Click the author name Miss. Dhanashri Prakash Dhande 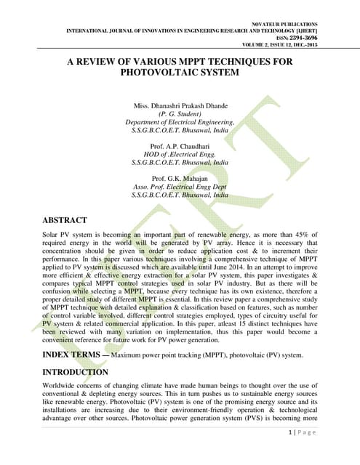coord(180,107)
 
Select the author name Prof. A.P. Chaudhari coord(180,147)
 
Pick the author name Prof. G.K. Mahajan coord(180,179)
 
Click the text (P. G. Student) coord(180,115)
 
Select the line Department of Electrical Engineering coord(180,123)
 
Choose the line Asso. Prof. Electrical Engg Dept coord(180,187)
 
